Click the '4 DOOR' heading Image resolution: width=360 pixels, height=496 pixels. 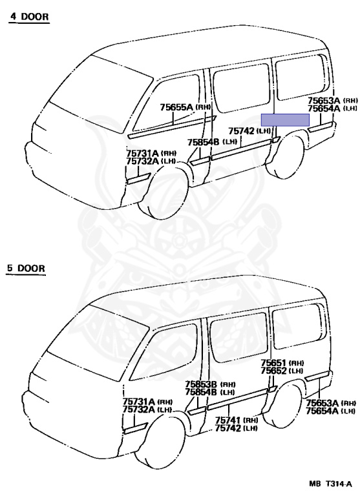click(x=30, y=16)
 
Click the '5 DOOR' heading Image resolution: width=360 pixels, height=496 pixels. click(x=26, y=268)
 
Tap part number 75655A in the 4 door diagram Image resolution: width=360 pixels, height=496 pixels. click(x=176, y=107)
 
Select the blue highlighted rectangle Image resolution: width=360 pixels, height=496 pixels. click(x=285, y=120)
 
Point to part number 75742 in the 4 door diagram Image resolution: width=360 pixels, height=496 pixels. click(x=241, y=130)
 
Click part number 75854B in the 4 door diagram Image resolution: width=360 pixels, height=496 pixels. click(x=204, y=142)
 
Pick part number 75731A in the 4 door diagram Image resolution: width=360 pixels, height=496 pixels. click(x=142, y=154)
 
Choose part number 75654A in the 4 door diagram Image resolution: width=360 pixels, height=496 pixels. click(x=324, y=108)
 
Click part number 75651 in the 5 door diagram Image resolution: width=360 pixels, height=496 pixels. click(x=273, y=363)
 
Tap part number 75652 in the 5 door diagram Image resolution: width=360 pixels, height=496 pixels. click(x=273, y=371)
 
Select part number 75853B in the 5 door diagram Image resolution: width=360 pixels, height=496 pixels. click(x=201, y=384)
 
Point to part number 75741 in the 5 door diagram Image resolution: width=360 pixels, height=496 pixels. click(x=228, y=420)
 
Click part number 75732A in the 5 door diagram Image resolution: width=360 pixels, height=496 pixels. click(x=139, y=409)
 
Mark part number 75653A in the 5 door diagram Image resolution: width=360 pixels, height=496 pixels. click(x=322, y=403)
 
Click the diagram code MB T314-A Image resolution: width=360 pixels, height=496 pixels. click(x=330, y=484)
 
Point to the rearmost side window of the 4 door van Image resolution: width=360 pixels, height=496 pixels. click(x=300, y=77)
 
